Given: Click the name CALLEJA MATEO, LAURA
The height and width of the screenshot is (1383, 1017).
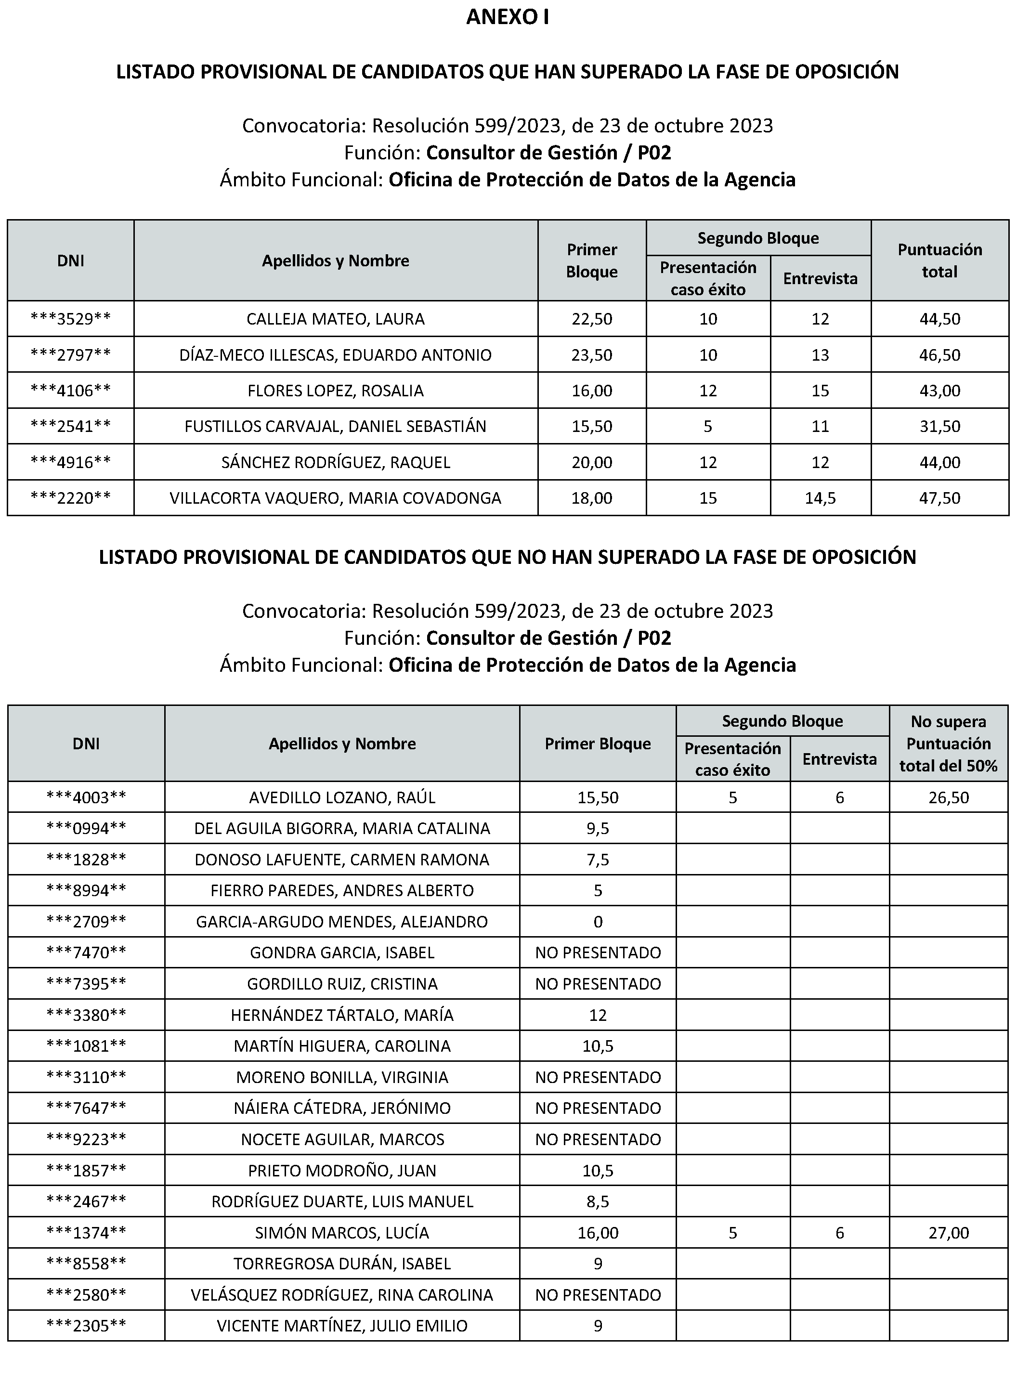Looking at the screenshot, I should coord(336,319).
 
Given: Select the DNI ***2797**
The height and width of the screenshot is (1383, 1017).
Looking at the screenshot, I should coord(71,354).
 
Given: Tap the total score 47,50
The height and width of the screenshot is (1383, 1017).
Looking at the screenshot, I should coord(939,498).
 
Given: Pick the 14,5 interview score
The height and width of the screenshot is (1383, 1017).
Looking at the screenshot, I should coord(820,498).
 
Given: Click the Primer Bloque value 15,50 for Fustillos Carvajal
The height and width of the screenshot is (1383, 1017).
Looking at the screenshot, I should coord(592,426).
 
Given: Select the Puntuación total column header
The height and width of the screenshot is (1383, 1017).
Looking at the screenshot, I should coord(939,261).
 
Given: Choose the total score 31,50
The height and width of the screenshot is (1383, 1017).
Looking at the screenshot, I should coord(939,426).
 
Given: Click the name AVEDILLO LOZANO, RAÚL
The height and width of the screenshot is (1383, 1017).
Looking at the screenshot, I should coord(342,797).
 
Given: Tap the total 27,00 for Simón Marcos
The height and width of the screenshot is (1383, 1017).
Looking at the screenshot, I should coord(948,1233).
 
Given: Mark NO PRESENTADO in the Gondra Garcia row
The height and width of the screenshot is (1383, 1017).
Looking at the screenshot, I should coord(598,953).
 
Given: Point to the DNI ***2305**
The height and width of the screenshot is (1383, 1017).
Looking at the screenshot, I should coord(86,1326).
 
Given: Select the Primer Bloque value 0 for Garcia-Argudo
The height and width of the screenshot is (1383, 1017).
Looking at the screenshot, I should coord(598,922).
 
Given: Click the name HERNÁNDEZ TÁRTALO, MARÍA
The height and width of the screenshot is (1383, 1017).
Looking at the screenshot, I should coord(342,1015).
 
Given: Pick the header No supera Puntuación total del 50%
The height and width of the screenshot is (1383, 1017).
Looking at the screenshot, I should coord(948,744).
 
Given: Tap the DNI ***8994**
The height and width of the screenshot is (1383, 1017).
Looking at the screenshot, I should coord(86,890).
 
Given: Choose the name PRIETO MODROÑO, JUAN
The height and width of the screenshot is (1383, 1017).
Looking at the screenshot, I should coord(342,1171).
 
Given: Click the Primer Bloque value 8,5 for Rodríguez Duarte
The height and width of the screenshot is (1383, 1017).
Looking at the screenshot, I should coord(598,1201).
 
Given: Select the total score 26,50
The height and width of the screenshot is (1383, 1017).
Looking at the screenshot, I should coord(948,797).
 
